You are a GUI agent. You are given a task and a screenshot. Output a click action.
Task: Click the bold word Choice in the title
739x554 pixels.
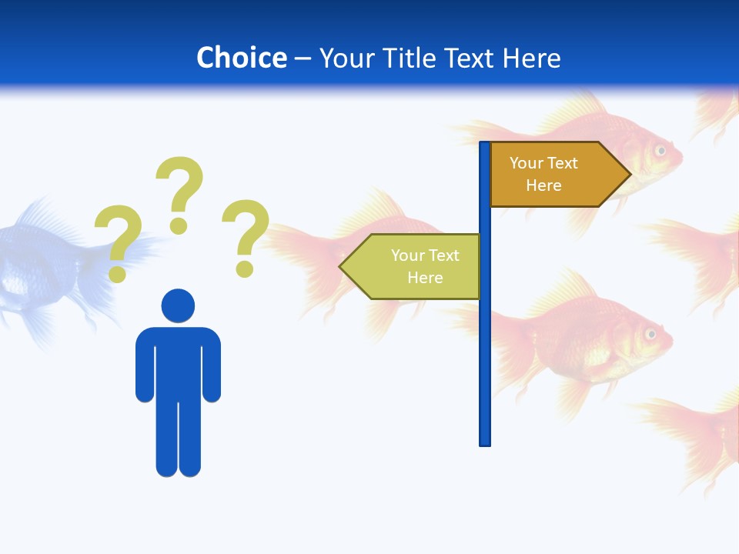coord(241,58)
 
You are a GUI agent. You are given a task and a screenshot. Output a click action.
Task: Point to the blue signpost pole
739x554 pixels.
coord(485,346)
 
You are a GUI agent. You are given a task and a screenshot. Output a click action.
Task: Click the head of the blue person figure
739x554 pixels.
coord(178,305)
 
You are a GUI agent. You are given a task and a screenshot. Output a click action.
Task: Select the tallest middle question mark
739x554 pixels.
coord(180,192)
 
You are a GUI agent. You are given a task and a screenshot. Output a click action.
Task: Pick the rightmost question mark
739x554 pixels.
coord(246,236)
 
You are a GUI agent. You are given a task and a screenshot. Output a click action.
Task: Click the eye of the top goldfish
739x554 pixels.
coord(660,150)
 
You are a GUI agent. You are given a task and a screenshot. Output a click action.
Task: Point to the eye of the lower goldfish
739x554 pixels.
coord(651,334)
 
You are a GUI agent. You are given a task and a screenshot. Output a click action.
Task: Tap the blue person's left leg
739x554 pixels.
coord(166,439)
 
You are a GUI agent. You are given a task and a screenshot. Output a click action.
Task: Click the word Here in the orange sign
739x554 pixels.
coord(543,185)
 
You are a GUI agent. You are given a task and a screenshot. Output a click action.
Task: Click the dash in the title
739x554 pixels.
coord(303,58)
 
